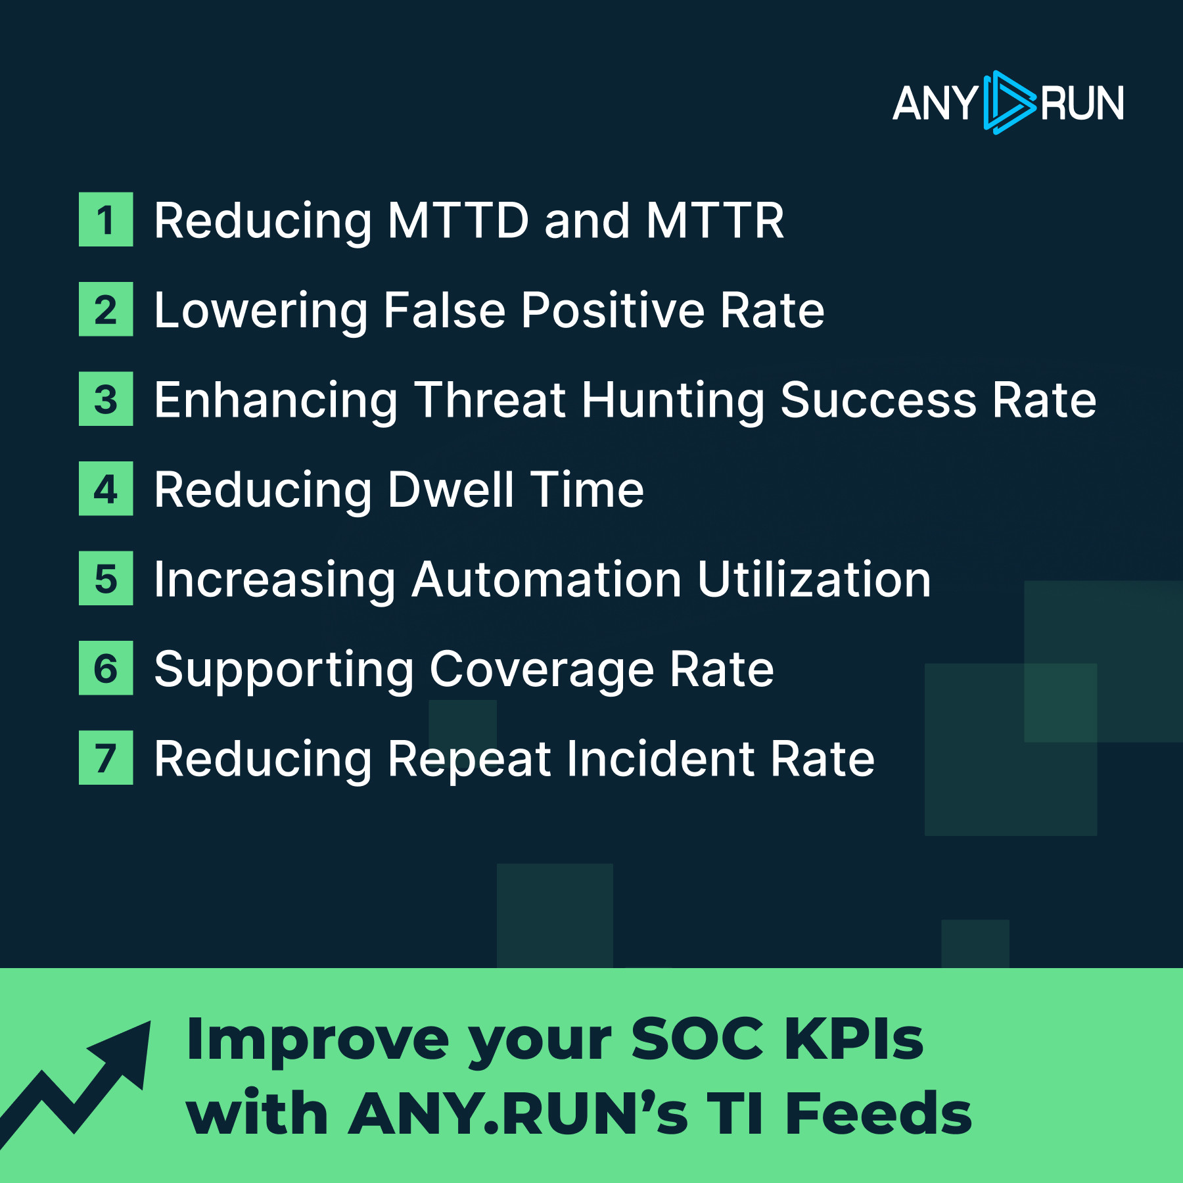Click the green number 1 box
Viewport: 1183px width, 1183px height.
106,220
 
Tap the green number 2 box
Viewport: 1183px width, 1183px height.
106,309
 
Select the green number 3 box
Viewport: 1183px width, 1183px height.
106,399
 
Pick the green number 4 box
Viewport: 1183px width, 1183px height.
106,488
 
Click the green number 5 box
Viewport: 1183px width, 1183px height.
106,578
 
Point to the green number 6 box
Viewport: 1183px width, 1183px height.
106,668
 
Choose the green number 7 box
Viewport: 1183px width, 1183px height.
106,758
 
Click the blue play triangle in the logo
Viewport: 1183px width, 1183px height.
1009,103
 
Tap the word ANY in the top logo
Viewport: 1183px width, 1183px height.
935,104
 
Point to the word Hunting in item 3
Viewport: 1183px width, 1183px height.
673,401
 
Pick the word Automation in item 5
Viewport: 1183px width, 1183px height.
546,580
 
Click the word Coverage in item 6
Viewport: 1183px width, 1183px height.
542,670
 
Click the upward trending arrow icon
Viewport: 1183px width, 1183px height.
75,1084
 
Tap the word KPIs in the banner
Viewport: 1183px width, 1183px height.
854,1039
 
